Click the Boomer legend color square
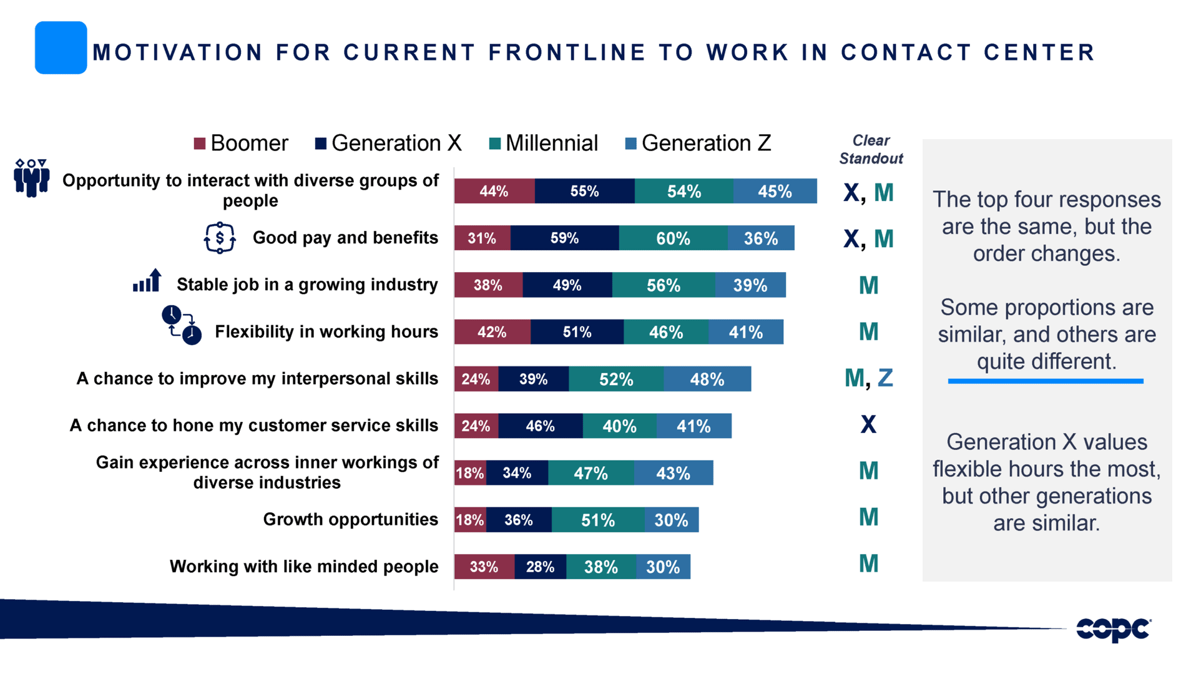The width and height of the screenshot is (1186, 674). click(200, 144)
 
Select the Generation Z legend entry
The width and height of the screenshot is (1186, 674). click(698, 144)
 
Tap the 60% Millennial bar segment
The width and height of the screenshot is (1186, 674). click(673, 238)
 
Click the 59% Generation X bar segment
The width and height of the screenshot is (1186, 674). click(564, 238)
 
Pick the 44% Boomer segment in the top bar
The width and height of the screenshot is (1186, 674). click(494, 191)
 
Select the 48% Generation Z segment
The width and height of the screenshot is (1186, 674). click(707, 379)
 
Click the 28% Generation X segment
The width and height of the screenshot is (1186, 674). click(540, 567)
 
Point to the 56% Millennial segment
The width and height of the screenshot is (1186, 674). click(663, 285)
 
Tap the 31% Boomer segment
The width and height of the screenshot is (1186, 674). click(482, 238)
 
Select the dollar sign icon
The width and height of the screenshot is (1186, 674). click(220, 238)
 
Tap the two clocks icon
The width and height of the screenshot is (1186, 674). click(182, 325)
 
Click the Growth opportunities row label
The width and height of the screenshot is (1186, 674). click(350, 519)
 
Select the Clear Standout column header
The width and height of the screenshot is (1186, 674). click(871, 150)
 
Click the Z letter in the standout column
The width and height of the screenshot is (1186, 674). click(885, 378)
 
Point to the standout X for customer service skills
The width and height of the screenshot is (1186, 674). click(868, 425)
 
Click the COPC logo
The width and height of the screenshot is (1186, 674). click(1113, 629)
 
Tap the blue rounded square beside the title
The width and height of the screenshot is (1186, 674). click(61, 48)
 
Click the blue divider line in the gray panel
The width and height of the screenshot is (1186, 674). click(1046, 381)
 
